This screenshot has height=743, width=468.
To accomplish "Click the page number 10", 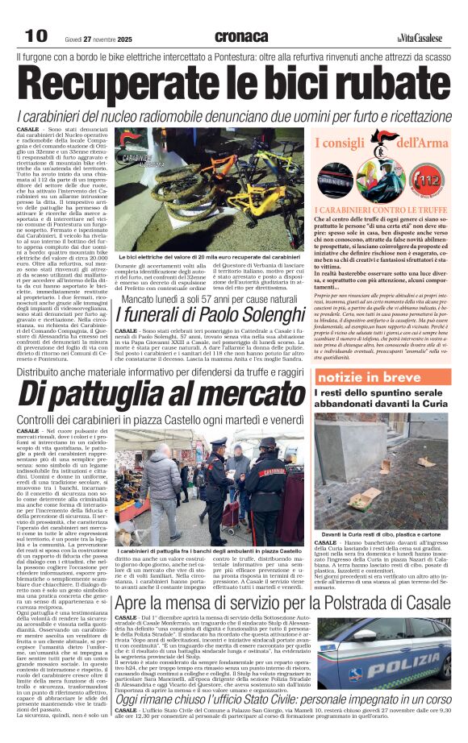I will (35, 35).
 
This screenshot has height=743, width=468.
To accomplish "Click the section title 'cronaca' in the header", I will (241, 36).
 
